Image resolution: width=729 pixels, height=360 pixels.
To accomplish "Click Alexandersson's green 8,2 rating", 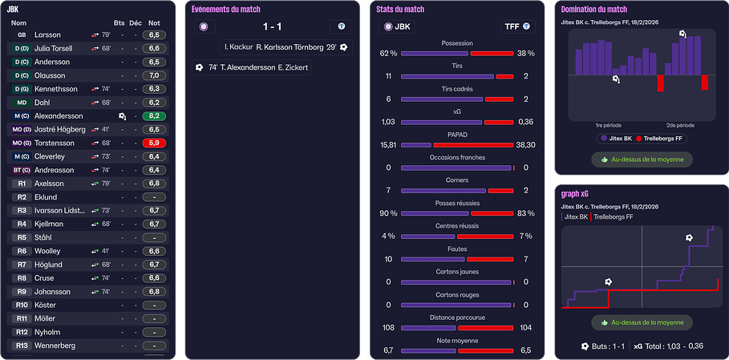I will [x=154, y=115].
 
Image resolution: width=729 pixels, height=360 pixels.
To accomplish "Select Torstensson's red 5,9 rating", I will [x=154, y=143].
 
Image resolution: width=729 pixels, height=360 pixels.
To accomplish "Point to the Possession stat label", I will [x=457, y=42].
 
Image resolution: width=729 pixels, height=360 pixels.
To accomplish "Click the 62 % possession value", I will [x=388, y=54].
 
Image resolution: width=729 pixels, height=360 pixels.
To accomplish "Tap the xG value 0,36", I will [x=526, y=122].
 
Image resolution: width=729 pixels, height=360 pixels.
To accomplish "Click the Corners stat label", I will [x=457, y=180].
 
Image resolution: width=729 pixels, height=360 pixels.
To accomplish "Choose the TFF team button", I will [x=517, y=26].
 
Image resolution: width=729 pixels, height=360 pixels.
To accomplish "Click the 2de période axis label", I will [x=680, y=126].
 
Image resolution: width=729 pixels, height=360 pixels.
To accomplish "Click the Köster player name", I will [x=45, y=305].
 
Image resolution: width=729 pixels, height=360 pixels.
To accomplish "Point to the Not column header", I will [x=154, y=22].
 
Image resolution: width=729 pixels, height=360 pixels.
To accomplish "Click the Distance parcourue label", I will [x=457, y=318].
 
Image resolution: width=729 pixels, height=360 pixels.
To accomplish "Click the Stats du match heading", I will [x=400, y=10].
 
